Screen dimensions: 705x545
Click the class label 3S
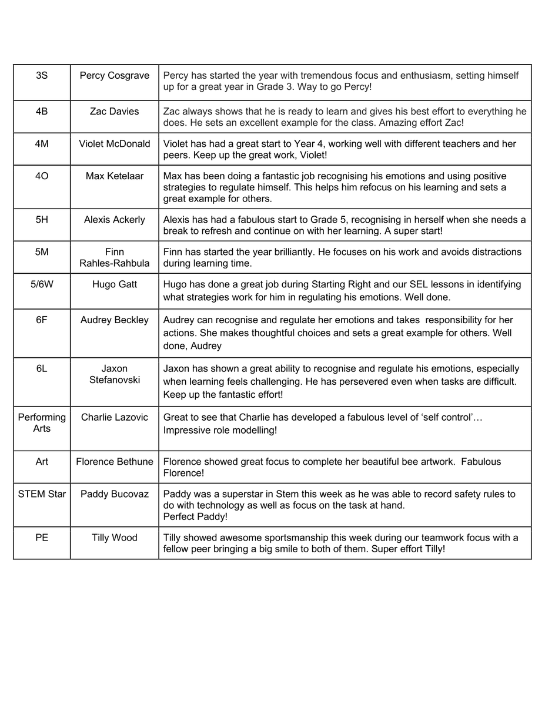coord(42,76)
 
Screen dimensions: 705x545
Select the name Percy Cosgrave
coord(115,76)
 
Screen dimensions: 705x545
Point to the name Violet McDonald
coord(115,143)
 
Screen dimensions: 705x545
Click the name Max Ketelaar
coord(115,176)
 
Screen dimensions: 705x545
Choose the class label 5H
coord(42,220)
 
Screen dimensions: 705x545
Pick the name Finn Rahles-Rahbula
coord(115,257)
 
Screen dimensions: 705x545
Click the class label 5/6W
coord(42,284)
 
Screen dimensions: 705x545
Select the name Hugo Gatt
coord(115,284)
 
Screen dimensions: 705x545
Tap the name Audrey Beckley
coord(115,320)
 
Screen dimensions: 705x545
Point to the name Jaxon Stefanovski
coord(115,374)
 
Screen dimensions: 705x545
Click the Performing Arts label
coord(42,423)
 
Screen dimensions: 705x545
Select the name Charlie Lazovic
coord(115,418)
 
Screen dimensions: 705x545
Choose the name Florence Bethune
coord(115,462)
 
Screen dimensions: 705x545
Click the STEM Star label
coord(42,494)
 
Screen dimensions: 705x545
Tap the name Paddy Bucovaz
coord(115,494)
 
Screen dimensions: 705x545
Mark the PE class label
coord(42,538)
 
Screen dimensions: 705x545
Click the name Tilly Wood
coord(115,538)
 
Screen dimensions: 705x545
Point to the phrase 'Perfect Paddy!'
coord(195,517)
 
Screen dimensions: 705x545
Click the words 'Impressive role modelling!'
coord(220,430)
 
